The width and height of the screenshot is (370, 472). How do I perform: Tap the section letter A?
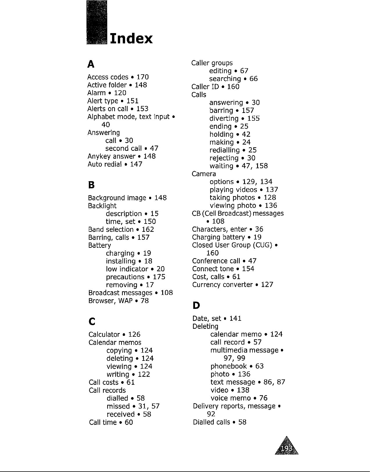pos(91,64)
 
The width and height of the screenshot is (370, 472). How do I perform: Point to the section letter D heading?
pos(196,305)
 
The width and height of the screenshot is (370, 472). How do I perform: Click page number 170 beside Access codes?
pos(142,77)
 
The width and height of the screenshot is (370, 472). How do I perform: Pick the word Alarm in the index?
pos(96,93)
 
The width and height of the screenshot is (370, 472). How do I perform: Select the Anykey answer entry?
pos(111,156)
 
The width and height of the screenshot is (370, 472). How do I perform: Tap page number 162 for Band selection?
pos(148,230)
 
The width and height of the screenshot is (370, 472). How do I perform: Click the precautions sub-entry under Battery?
pos(125,277)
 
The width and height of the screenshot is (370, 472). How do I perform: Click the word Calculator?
pos(104,335)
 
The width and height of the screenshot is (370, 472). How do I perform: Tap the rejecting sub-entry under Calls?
pos(224,158)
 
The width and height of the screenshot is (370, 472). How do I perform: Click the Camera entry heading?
pos(204,174)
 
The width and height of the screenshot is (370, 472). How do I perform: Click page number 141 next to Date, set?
pos(235,319)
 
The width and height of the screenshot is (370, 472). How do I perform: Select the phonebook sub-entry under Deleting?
pos(228,366)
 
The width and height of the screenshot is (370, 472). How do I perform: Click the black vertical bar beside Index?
pos(97,22)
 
